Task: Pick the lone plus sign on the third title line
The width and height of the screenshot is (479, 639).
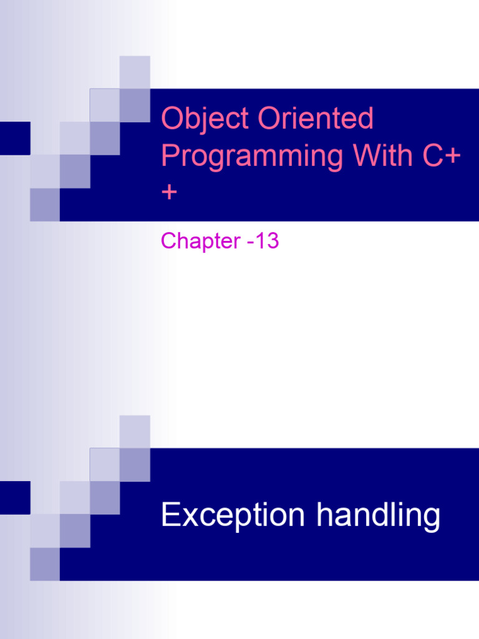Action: (169, 192)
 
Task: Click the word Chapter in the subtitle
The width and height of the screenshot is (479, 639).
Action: (196, 241)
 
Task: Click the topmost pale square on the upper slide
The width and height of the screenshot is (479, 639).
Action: (135, 72)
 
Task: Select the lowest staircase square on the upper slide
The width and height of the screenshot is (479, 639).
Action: (45, 205)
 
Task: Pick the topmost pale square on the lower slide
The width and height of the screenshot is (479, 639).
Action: (135, 431)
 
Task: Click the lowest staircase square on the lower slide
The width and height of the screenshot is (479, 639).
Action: (45, 564)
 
